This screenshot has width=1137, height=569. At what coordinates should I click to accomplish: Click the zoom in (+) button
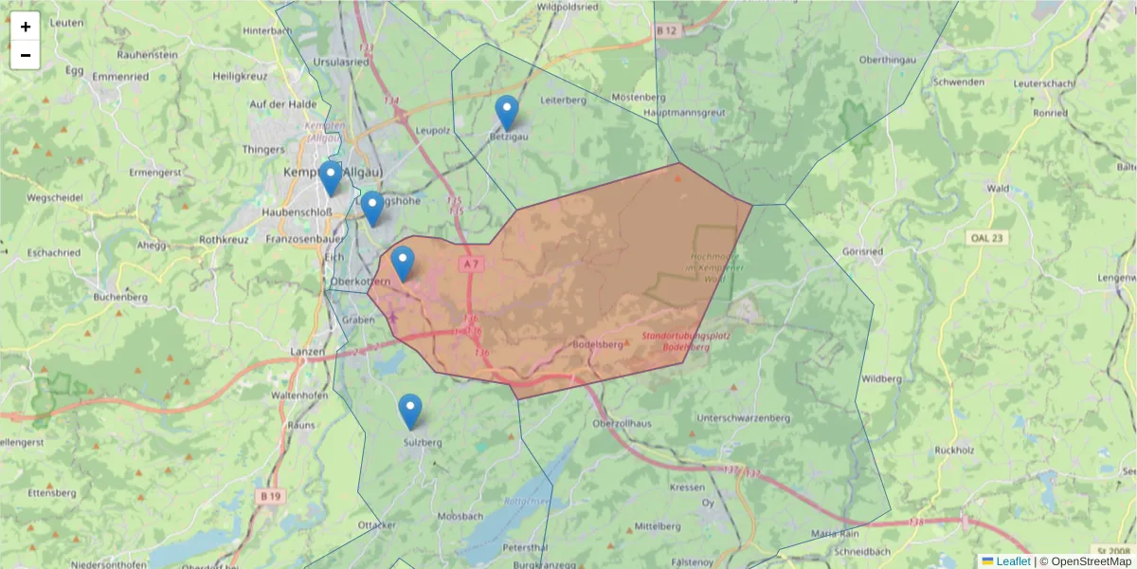26,27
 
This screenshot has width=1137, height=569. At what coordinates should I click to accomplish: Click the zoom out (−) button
26,55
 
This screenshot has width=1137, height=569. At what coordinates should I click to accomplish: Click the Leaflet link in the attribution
1013,561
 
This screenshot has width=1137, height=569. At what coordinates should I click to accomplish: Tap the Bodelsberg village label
599,344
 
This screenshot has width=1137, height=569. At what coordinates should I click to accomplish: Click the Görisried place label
862,251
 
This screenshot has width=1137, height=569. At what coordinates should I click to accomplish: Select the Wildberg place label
882,379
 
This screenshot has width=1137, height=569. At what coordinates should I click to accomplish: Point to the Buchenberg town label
120,297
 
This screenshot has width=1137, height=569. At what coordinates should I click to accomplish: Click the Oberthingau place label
887,60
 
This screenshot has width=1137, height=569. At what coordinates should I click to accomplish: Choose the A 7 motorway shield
471,263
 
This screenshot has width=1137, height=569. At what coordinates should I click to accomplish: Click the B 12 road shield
668,30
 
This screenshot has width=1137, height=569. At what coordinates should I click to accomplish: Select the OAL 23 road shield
985,237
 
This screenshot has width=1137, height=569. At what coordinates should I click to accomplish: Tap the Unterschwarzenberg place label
743,417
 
